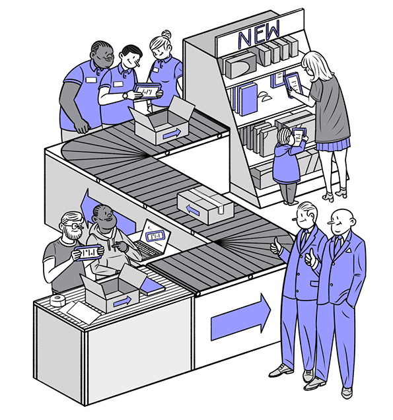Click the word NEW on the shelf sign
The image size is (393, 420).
258,34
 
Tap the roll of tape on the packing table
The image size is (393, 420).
57,301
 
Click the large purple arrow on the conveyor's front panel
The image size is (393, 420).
240,317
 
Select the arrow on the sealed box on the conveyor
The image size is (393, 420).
193,210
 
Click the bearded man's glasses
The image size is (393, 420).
74,226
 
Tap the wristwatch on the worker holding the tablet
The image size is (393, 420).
125,96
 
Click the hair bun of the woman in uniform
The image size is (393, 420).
166,34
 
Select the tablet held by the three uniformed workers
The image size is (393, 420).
147,91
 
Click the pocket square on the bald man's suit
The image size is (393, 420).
348,250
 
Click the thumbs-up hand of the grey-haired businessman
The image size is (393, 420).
275,246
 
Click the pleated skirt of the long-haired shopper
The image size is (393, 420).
334,145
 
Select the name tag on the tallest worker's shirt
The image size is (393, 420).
91,80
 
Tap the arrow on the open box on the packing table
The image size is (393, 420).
122,302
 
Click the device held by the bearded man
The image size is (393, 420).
89,253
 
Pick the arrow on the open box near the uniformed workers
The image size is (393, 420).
172,133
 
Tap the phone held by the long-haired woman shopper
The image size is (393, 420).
293,85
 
